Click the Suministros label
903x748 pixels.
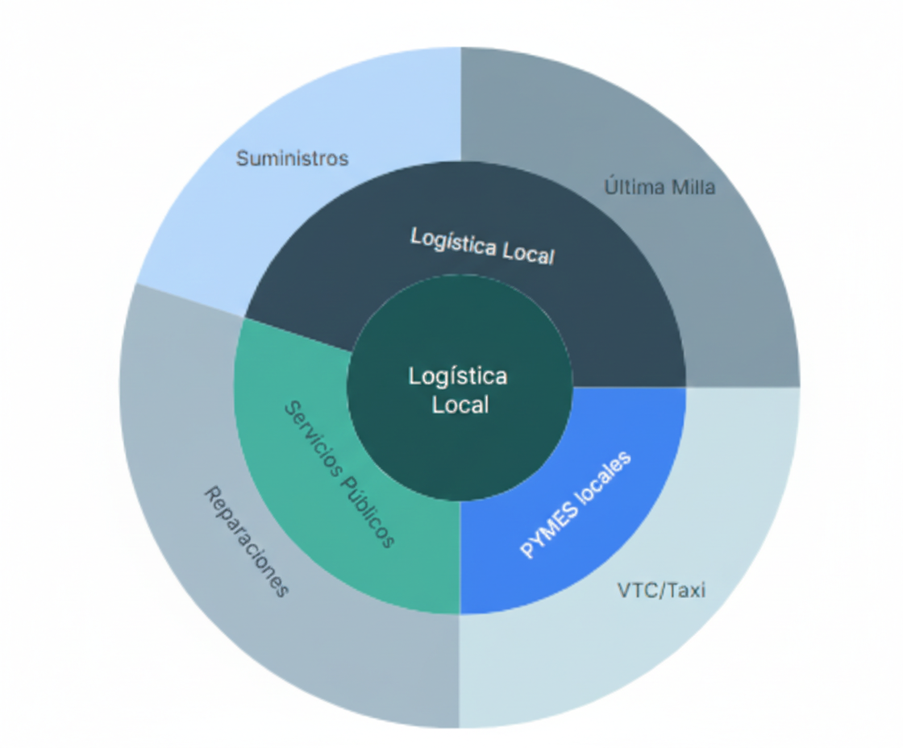pos(292,158)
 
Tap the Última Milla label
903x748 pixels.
pos(660,187)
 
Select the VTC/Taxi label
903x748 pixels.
pos(661,590)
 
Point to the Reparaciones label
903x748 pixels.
pos(245,542)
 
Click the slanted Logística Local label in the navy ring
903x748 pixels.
pos(482,246)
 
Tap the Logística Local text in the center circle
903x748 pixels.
pos(459,390)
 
